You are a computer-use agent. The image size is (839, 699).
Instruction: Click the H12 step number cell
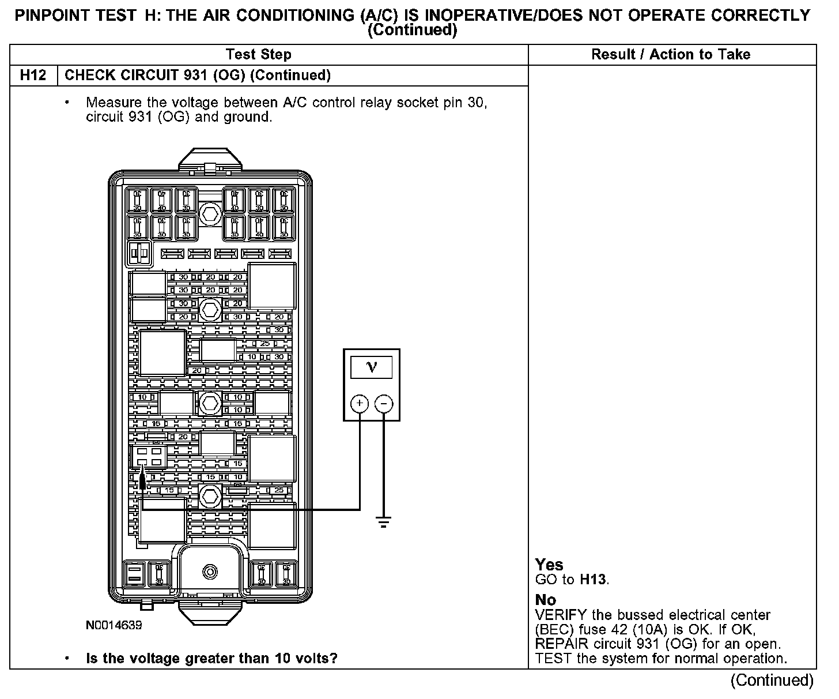[x=33, y=76]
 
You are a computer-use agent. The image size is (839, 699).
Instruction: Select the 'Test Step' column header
[x=259, y=55]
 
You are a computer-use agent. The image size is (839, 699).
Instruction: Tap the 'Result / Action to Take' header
[x=671, y=55]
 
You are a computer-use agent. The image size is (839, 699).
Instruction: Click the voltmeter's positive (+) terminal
[x=360, y=403]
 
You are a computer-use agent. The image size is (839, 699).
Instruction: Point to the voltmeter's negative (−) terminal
[x=384, y=403]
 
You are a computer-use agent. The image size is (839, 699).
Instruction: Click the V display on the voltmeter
[x=371, y=367]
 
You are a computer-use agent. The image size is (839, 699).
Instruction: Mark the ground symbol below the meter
[x=384, y=522]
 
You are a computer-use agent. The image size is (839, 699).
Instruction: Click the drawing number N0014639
[x=114, y=625]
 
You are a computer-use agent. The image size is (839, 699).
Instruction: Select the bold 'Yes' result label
[x=549, y=565]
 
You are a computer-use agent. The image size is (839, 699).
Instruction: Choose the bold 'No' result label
[x=545, y=600]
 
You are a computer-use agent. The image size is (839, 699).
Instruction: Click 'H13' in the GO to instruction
[x=593, y=580]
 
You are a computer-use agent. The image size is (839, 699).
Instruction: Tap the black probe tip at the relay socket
[x=142, y=479]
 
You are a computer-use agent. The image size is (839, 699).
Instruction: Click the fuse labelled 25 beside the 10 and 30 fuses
[x=264, y=344]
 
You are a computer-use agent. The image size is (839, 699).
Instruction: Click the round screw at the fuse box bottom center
[x=210, y=572]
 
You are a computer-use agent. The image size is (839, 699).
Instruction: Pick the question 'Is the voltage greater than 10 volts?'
[x=211, y=658]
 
